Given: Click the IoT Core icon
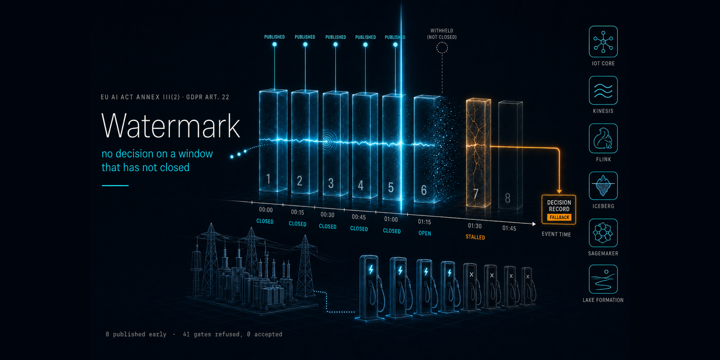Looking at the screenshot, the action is pyautogui.click(x=603, y=42).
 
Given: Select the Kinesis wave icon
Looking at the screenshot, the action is pyautogui.click(x=603, y=91).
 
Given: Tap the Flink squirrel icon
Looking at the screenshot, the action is pyautogui.click(x=603, y=138).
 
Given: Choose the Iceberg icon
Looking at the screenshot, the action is pyautogui.click(x=603, y=186).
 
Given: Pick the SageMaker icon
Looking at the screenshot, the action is pyautogui.click(x=603, y=233).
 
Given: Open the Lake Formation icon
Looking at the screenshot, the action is pyautogui.click(x=603, y=279).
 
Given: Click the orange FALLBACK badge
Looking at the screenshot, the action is pyautogui.click(x=559, y=217).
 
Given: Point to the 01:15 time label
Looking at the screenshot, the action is pyautogui.click(x=424, y=222).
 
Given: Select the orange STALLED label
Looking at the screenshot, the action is pyautogui.click(x=475, y=237).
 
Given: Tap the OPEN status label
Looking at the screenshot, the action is pyautogui.click(x=425, y=233).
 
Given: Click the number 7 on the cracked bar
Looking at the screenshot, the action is pyautogui.click(x=476, y=194).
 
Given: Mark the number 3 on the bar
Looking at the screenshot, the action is pyautogui.click(x=331, y=183).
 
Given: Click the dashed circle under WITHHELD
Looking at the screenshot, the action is pyautogui.click(x=442, y=48).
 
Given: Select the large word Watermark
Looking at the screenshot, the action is pyautogui.click(x=170, y=125).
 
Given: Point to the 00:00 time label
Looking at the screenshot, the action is pyautogui.click(x=266, y=210).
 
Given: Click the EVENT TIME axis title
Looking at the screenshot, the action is pyautogui.click(x=556, y=235).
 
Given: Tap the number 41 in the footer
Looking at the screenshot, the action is pyautogui.click(x=186, y=334).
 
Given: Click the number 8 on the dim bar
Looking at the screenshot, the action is pyautogui.click(x=507, y=198).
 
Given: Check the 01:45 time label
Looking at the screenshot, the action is pyautogui.click(x=509, y=228).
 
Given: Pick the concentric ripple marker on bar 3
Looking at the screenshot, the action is pyautogui.click(x=327, y=141).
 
